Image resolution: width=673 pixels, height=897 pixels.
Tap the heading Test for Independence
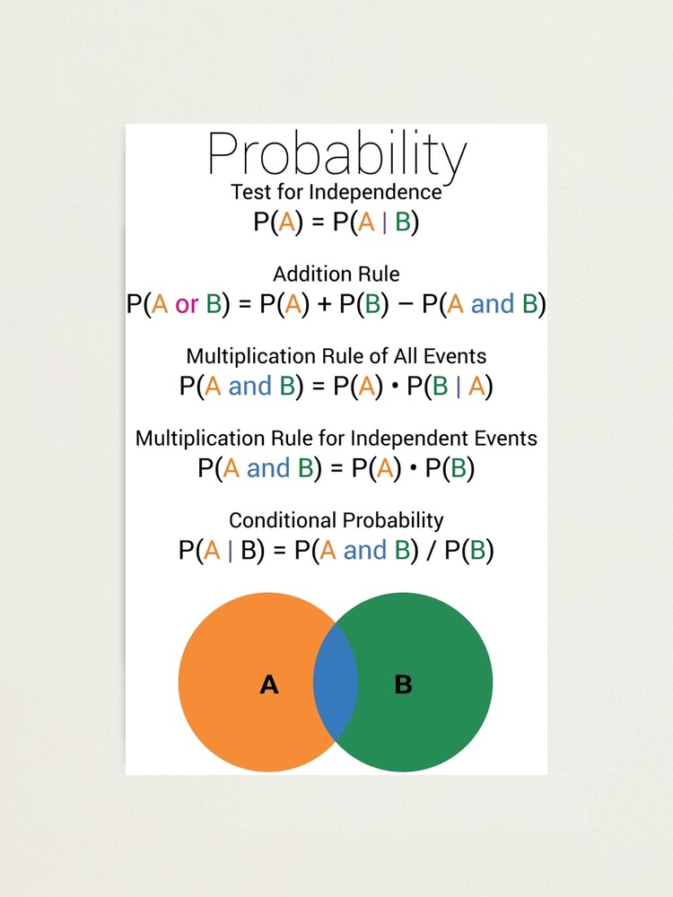tap(336, 192)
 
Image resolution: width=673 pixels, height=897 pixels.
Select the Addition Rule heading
tap(336, 274)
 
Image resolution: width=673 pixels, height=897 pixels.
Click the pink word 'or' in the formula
tap(187, 304)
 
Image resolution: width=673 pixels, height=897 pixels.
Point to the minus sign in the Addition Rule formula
tap(404, 304)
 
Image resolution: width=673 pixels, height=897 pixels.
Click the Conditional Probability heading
tap(336, 520)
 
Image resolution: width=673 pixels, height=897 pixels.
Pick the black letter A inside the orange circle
tap(268, 685)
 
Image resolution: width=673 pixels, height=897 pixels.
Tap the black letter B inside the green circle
tap(403, 685)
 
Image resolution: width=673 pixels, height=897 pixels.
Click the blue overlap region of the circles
tap(336, 684)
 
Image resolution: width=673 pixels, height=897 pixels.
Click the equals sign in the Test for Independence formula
tap(317, 222)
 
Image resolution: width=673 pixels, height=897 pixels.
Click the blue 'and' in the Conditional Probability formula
tap(364, 550)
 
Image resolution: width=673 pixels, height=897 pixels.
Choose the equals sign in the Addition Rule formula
tap(243, 304)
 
